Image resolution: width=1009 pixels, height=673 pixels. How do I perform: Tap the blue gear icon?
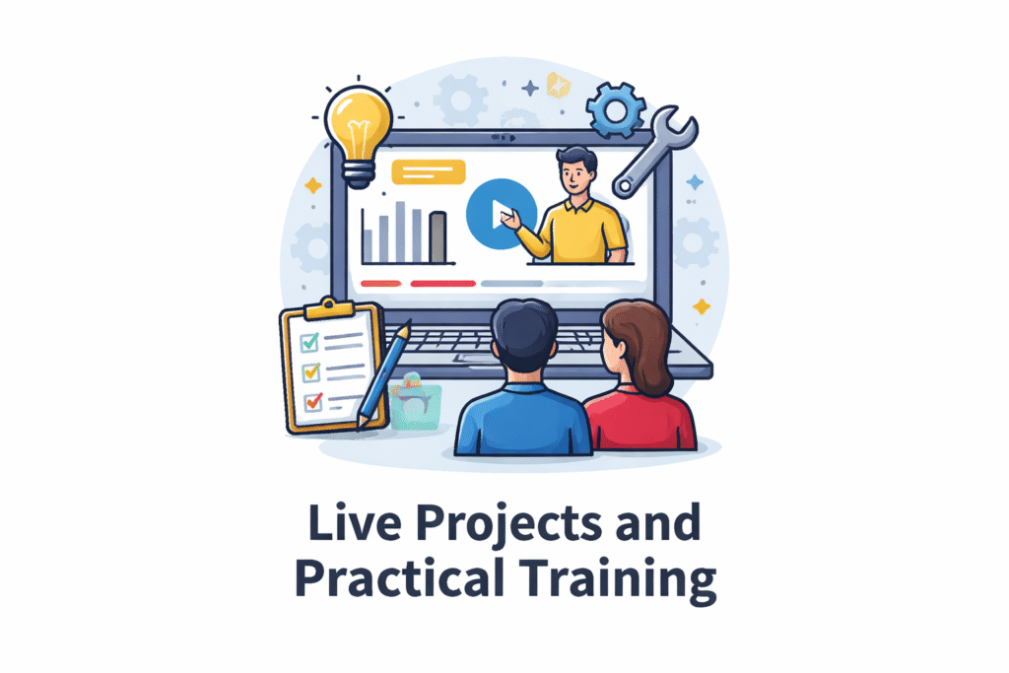click(616, 110)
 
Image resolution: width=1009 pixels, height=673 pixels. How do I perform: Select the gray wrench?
click(654, 151)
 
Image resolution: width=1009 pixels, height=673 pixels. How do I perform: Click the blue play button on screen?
click(502, 214)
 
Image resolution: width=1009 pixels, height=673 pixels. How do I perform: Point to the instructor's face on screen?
click(575, 174)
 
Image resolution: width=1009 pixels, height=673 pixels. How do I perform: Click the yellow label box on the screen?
click(429, 171)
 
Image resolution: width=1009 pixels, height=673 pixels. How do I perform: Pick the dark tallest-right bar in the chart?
click(437, 237)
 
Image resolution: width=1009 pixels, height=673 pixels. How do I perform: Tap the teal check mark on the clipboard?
click(309, 342)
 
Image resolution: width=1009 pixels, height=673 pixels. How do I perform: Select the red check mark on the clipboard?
click(313, 401)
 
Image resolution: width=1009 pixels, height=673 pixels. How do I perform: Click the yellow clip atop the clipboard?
click(329, 308)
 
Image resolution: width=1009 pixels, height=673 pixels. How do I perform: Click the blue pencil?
click(383, 375)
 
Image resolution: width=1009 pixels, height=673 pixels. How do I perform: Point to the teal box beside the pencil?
click(416, 403)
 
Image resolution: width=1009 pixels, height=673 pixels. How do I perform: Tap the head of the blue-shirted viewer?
click(524, 335)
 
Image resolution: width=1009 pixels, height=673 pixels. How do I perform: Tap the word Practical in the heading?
click(399, 577)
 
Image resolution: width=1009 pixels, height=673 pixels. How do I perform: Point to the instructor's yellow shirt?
click(581, 232)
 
